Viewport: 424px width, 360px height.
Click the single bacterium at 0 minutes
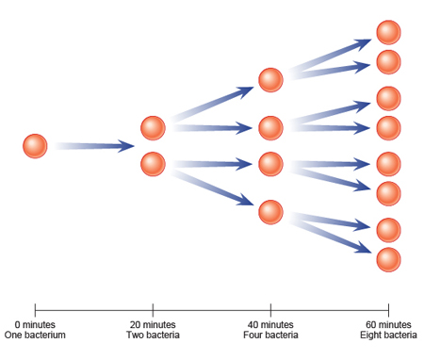pyautogui.click(x=35, y=146)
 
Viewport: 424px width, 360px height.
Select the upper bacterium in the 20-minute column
pyautogui.click(x=153, y=127)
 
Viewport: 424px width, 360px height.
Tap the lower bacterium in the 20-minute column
pyautogui.click(x=153, y=164)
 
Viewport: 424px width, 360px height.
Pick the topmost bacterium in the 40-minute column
pyautogui.click(x=270, y=80)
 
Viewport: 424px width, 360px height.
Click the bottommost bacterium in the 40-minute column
pyautogui.click(x=270, y=211)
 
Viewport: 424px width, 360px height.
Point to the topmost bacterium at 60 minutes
pyautogui.click(x=388, y=32)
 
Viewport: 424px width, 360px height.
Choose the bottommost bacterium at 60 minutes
pyautogui.click(x=388, y=258)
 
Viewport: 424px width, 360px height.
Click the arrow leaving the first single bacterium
pyautogui.click(x=94, y=146)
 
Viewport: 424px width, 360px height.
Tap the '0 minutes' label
pyautogui.click(x=35, y=324)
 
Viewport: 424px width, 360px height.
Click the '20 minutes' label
pyautogui.click(x=153, y=324)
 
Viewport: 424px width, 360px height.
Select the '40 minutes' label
pyautogui.click(x=270, y=324)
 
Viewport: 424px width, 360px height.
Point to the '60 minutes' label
pyautogui.click(x=388, y=324)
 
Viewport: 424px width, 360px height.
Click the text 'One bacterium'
pyautogui.click(x=35, y=335)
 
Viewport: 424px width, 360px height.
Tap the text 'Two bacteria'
pyautogui.click(x=153, y=335)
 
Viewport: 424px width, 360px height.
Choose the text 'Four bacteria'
pyautogui.click(x=270, y=335)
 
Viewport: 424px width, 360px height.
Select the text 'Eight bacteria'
pyautogui.click(x=388, y=335)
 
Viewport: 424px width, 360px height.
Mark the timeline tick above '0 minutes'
pyautogui.click(x=35, y=308)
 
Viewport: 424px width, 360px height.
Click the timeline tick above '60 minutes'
pyautogui.click(x=388, y=308)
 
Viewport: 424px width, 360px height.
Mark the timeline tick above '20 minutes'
pyautogui.click(x=153, y=308)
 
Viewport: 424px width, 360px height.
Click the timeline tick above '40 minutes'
pyautogui.click(x=270, y=308)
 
